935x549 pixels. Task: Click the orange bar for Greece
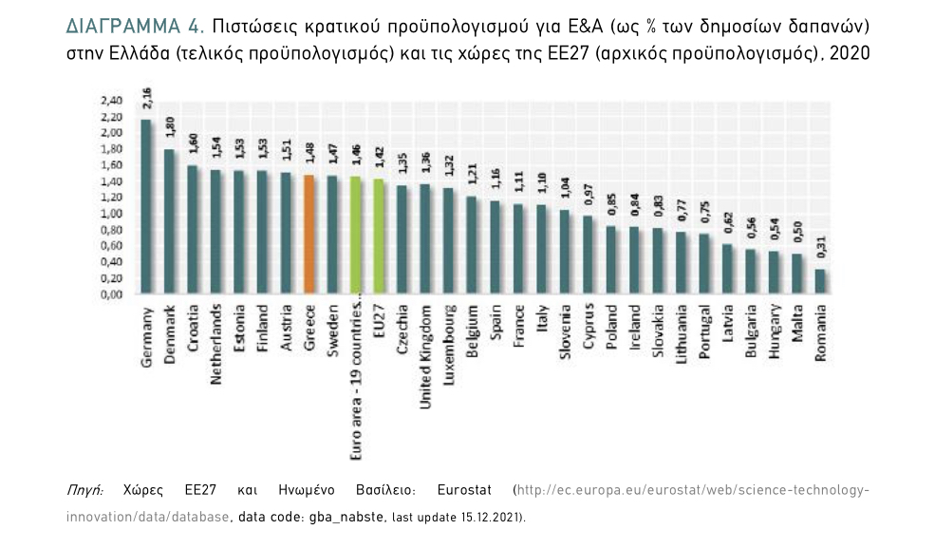309,235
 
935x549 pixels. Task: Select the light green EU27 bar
379,237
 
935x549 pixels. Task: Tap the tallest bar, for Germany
146,206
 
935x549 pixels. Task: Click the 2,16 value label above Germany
147,99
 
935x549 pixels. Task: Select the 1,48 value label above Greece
309,155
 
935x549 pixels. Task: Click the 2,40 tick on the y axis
112,101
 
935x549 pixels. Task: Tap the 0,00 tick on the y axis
112,293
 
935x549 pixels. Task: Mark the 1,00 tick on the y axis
112,213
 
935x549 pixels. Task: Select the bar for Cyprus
588,255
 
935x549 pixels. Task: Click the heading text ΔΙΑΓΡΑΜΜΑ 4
130,23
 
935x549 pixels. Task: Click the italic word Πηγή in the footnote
84,491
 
